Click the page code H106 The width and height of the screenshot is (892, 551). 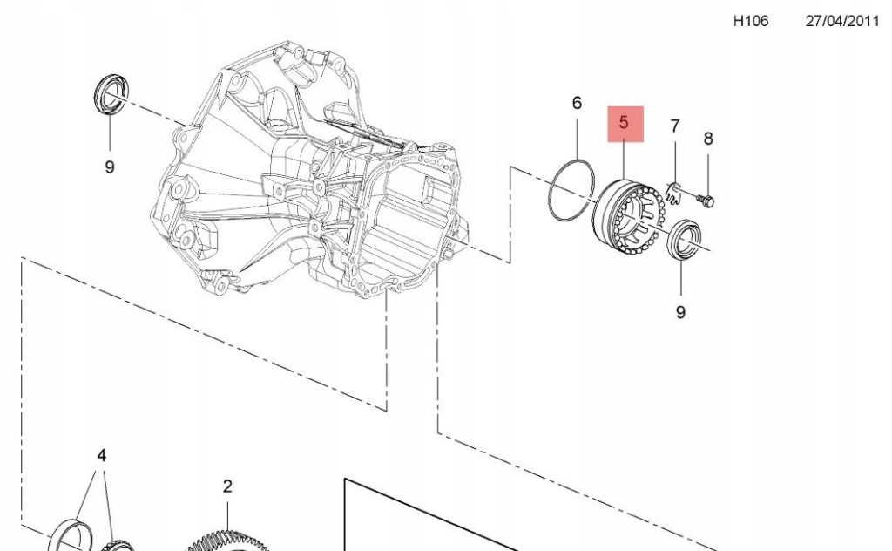click(x=750, y=21)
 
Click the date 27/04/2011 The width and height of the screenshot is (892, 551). click(x=842, y=21)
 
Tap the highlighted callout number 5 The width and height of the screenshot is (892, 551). click(x=624, y=122)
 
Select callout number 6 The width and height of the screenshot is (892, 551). click(x=577, y=103)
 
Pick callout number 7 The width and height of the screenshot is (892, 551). click(x=675, y=126)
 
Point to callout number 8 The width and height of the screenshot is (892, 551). click(x=708, y=139)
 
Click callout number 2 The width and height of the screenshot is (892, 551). click(x=227, y=486)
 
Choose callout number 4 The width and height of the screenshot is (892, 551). click(x=101, y=455)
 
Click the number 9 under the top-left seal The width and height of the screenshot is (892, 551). click(x=110, y=167)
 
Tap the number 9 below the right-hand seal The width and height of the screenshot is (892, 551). click(x=680, y=312)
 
